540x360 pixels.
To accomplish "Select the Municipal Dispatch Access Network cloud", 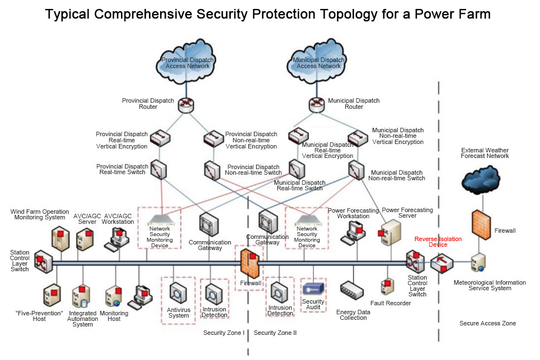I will (x=318, y=62).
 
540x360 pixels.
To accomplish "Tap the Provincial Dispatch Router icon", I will (x=185, y=104).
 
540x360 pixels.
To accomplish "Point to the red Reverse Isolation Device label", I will (x=438, y=242).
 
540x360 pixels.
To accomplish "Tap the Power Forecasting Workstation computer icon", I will (x=355, y=232).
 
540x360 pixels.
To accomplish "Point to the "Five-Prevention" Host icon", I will (x=52, y=295).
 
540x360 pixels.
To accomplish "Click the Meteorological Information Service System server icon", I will (x=479, y=262).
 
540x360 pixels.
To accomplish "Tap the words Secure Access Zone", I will (x=487, y=323).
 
